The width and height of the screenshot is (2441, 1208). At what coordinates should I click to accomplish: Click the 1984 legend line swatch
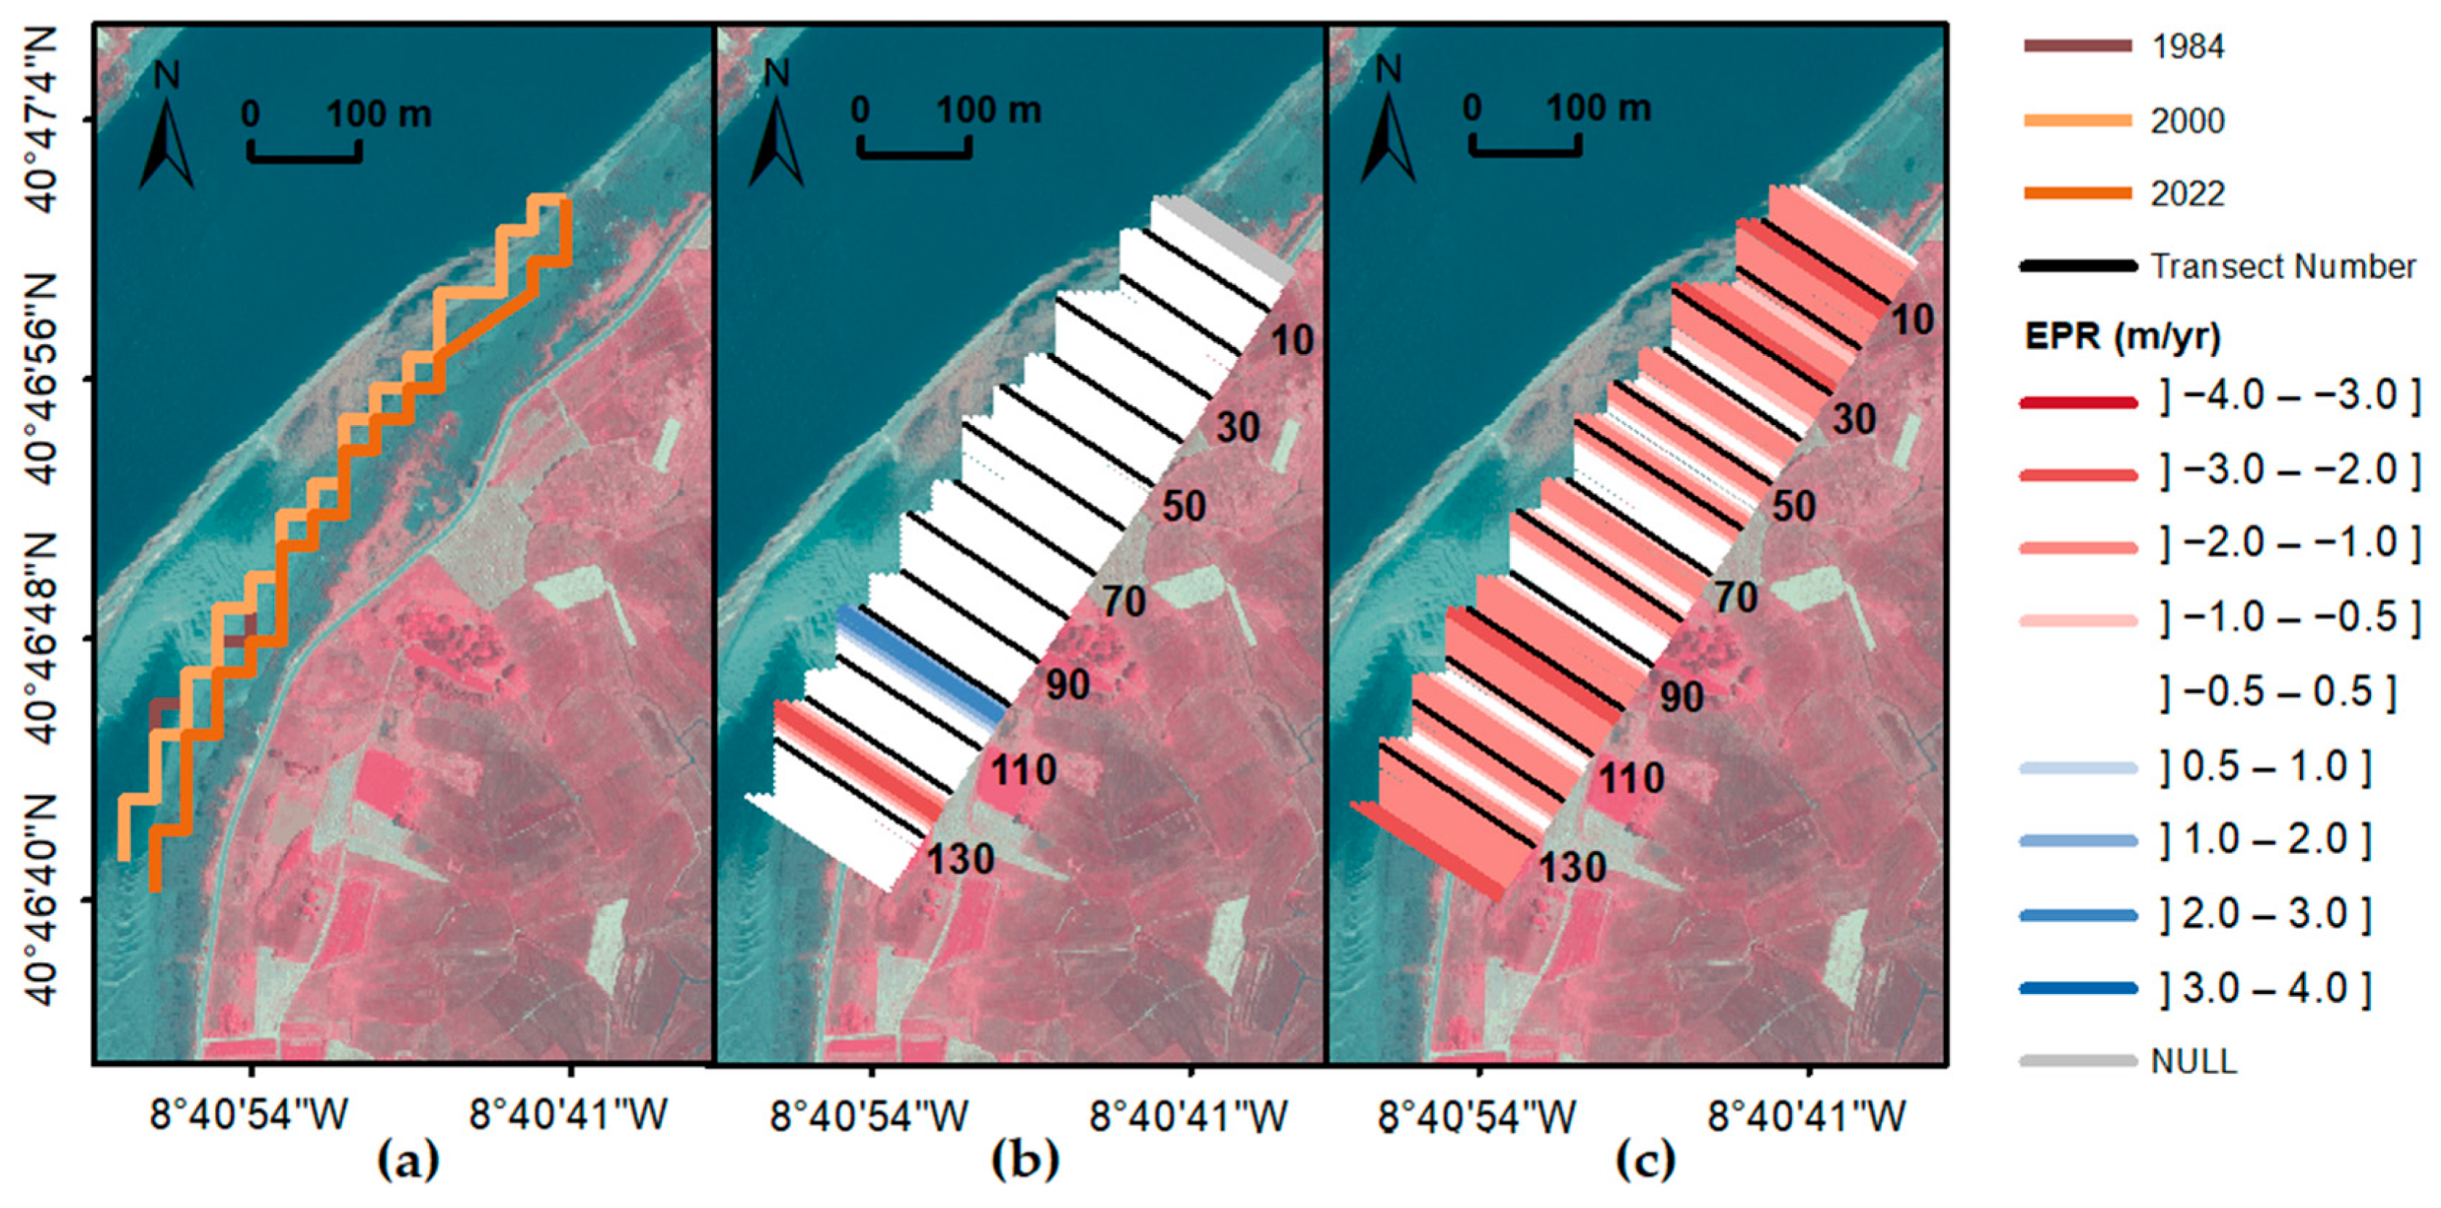2076,45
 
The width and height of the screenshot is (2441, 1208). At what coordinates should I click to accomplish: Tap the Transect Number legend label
2282,267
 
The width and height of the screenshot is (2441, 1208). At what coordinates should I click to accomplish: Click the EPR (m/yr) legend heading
2122,337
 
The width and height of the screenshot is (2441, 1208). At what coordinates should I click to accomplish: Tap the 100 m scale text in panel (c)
1599,110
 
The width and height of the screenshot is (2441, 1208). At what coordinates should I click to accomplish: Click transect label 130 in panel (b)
960,860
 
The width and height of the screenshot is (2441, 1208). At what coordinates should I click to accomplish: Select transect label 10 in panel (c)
1912,320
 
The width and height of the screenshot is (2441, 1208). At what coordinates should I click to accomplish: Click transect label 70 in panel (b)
1123,602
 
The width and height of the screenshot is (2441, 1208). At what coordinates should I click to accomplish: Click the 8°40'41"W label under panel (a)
568,1116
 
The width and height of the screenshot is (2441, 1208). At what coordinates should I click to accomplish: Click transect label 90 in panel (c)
1681,698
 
